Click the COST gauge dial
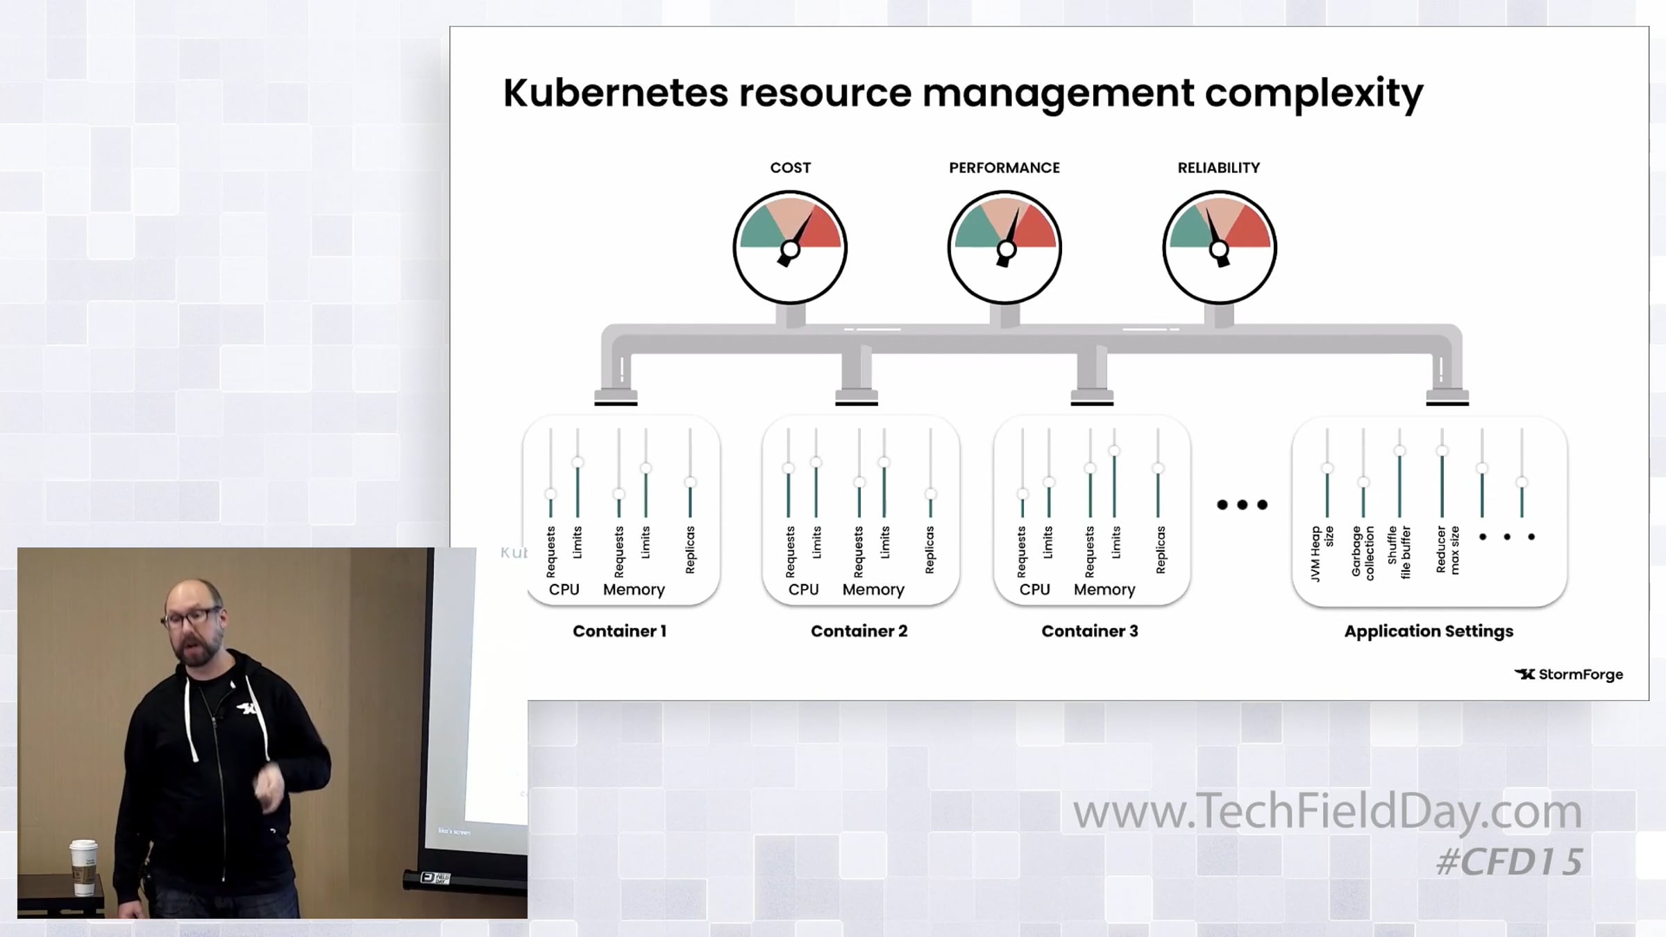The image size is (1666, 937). click(x=790, y=247)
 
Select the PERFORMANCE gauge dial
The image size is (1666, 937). click(x=1004, y=247)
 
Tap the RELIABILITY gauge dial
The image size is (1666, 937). click(x=1219, y=247)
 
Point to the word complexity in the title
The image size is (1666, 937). click(x=1313, y=94)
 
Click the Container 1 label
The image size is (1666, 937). click(x=619, y=631)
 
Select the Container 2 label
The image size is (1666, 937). click(x=859, y=631)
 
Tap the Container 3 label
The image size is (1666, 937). click(x=1089, y=631)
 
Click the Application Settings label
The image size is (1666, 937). click(x=1429, y=631)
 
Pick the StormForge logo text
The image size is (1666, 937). click(x=1580, y=675)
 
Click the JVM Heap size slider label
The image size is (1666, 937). click(x=1322, y=553)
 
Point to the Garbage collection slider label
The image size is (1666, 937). click(x=1363, y=552)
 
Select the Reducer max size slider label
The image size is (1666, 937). click(x=1447, y=550)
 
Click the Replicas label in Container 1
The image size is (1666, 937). click(x=690, y=550)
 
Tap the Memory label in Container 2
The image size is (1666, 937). click(x=873, y=589)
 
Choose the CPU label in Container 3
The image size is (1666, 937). click(x=1034, y=589)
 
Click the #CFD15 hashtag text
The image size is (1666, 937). click(x=1509, y=862)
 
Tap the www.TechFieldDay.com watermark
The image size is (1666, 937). click(x=1327, y=811)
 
